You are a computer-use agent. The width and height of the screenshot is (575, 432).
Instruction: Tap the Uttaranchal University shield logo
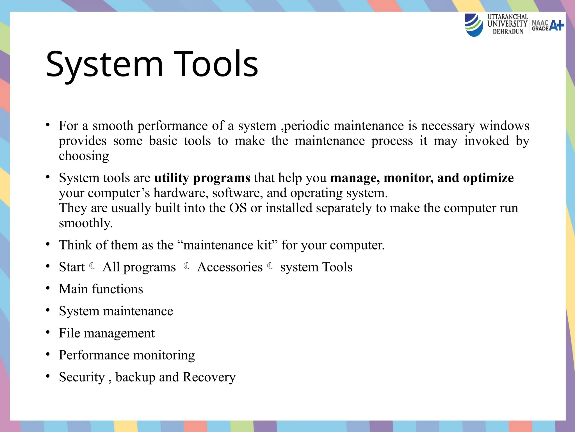coord(474,25)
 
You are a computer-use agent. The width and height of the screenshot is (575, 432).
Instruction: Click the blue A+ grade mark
coord(556,25)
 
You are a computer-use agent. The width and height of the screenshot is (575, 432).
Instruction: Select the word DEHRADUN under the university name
coord(508,32)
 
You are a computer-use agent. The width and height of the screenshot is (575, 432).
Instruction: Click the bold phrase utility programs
coord(202,178)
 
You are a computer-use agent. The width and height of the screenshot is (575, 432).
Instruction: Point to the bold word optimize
coord(488,178)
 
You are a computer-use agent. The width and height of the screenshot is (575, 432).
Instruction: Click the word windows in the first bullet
coord(504,126)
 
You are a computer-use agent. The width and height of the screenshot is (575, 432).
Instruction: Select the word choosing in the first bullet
coord(84,156)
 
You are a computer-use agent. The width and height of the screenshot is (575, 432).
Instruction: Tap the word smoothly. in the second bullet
coord(86,223)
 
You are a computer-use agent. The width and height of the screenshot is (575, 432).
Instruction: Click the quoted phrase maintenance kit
coord(227,245)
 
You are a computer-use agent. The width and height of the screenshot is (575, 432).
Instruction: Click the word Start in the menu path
coord(72,267)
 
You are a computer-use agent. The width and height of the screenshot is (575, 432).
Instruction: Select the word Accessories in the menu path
coord(230,267)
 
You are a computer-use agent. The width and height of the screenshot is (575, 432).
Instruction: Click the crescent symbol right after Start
coord(92,265)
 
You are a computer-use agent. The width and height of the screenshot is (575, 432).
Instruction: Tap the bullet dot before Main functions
coord(48,288)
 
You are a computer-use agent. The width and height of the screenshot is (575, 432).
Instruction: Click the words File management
coord(107,333)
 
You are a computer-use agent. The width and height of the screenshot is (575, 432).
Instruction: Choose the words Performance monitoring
coord(127,355)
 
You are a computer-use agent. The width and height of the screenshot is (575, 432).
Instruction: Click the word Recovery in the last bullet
coord(209,377)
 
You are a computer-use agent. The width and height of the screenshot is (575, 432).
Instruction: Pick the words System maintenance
coord(116,311)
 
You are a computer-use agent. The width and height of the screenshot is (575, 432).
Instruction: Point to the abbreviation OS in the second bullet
coord(238,208)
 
